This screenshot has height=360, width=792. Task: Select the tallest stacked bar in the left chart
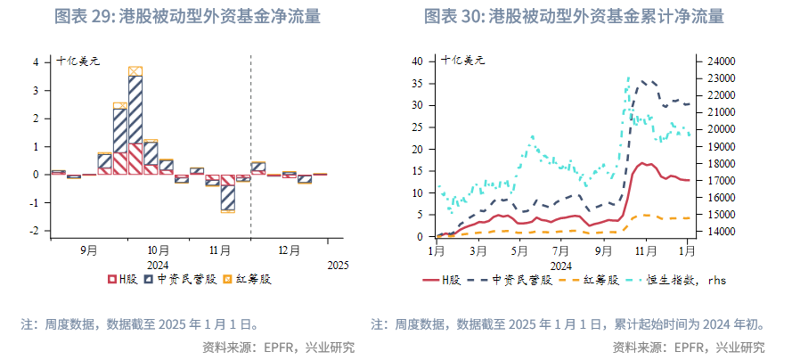(x=135, y=120)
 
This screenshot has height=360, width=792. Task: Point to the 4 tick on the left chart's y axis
(x=36, y=62)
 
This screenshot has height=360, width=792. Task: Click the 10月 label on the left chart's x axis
(x=159, y=251)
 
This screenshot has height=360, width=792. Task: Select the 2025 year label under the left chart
(x=338, y=266)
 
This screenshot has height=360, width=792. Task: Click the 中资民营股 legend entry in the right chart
(x=516, y=280)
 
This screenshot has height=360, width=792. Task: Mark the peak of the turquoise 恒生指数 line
(x=628, y=78)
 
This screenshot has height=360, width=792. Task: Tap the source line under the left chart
(x=278, y=347)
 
